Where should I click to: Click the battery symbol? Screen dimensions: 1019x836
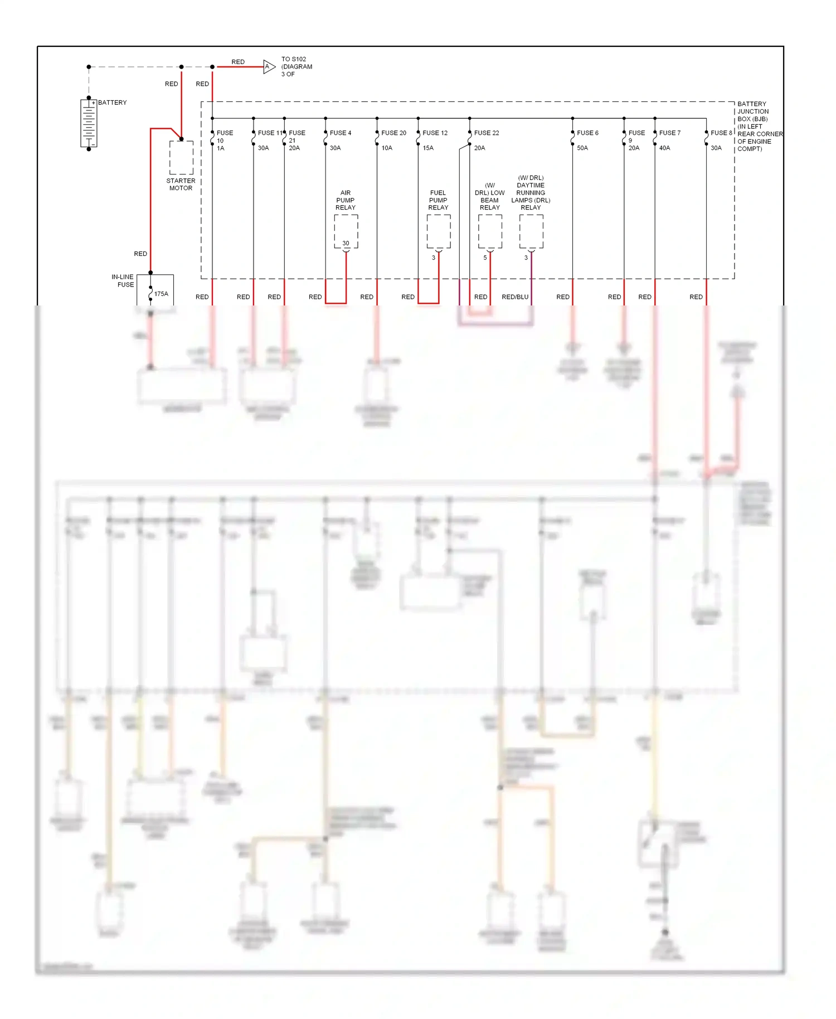(x=89, y=123)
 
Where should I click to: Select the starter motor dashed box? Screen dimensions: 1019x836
(x=181, y=157)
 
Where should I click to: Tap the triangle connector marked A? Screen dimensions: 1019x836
(x=269, y=67)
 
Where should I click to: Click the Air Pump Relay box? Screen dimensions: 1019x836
(x=346, y=231)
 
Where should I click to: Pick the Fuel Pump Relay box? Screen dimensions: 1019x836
(x=439, y=231)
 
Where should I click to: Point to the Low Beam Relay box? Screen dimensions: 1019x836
(x=490, y=231)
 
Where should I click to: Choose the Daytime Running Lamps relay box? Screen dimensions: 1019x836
(x=531, y=231)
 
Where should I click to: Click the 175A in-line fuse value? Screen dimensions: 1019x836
(x=161, y=294)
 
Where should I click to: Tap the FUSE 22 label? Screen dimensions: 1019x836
(x=487, y=133)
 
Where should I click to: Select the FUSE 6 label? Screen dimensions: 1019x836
(x=587, y=133)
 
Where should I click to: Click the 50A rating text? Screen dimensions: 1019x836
(x=582, y=148)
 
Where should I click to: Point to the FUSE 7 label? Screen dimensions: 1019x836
(x=669, y=133)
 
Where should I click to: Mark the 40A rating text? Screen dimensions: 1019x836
(x=664, y=148)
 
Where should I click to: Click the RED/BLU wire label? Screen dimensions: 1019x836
(x=515, y=297)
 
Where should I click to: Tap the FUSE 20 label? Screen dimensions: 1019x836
(x=393, y=133)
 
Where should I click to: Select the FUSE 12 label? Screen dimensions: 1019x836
(x=435, y=133)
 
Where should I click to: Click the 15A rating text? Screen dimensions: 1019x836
(x=428, y=148)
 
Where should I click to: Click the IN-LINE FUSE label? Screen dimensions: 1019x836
(x=123, y=281)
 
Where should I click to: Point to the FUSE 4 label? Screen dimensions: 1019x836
(x=341, y=133)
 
